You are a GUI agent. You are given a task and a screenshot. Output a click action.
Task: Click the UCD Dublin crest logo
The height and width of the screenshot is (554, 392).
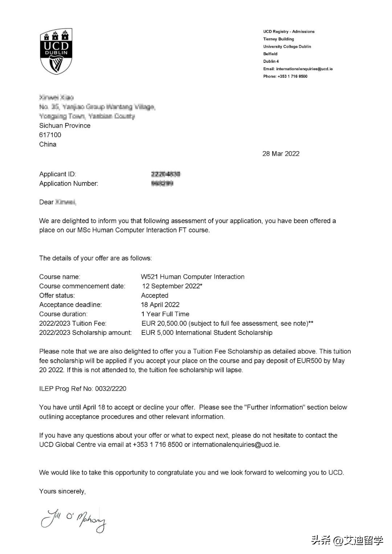(56, 51)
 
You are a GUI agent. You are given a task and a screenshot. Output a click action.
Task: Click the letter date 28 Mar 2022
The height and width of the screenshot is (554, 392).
(281, 153)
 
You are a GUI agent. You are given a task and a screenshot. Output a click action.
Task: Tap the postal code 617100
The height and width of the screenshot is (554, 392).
(50, 135)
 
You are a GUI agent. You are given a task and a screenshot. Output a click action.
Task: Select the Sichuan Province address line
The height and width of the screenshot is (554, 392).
(65, 126)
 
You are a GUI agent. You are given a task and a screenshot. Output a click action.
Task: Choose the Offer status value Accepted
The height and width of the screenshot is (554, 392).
(155, 295)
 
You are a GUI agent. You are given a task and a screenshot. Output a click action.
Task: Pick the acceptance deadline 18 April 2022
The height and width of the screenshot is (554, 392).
(160, 305)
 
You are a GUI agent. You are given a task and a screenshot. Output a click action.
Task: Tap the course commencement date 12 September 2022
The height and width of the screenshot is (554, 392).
(171, 286)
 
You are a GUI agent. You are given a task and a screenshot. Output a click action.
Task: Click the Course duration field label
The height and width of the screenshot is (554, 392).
(63, 314)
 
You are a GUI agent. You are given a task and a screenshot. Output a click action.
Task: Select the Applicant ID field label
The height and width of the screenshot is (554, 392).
(57, 174)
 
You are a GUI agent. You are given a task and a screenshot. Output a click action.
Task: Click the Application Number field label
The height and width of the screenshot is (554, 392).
(69, 184)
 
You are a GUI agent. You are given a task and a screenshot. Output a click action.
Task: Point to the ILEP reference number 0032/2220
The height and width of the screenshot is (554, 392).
(111, 389)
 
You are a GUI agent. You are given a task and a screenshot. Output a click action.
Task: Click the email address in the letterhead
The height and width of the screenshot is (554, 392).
(304, 69)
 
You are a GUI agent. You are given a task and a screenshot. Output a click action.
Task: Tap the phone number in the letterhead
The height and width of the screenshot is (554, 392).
(292, 76)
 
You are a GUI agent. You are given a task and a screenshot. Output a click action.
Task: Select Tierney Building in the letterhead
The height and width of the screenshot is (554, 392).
(278, 39)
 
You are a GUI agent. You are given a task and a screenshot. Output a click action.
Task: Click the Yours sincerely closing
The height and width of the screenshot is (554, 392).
(62, 491)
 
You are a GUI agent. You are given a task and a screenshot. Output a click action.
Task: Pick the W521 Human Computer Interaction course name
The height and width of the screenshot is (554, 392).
(192, 277)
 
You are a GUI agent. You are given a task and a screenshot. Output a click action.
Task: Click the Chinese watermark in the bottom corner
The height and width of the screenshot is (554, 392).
(347, 541)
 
